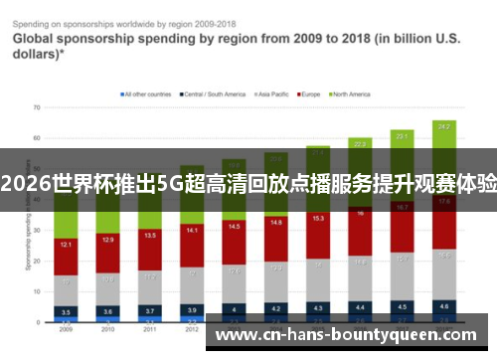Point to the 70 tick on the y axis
click(37, 106)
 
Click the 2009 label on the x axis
click(65, 329)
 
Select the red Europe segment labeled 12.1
click(65, 244)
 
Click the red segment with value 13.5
click(150, 237)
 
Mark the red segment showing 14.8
click(275, 223)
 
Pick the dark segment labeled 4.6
click(444, 306)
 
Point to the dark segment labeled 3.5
click(65, 311)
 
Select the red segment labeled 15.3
click(318, 218)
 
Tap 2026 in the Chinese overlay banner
click(24, 183)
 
